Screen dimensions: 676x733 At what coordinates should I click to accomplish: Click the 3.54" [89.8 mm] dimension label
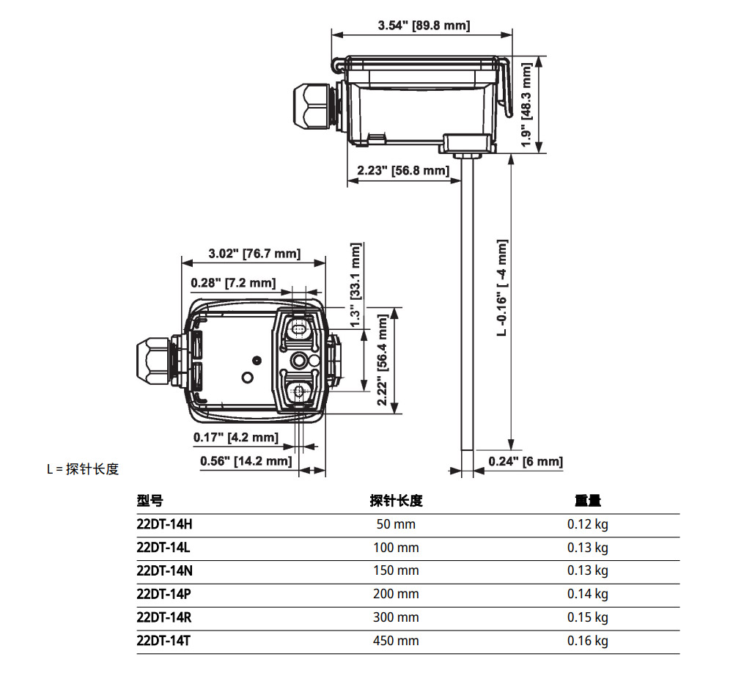424,26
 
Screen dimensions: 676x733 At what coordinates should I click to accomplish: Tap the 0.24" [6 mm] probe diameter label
526,461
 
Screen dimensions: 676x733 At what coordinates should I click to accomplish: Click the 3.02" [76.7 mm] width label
254,254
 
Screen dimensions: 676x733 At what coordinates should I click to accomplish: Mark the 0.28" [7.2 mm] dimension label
233,282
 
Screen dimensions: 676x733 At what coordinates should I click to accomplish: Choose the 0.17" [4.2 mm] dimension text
236,438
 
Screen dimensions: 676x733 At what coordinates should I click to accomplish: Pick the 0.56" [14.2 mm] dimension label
246,461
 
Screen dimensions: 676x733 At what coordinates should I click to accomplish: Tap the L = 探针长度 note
83,469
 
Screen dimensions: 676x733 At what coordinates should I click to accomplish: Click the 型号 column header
150,501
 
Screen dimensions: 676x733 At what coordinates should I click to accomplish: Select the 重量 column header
588,501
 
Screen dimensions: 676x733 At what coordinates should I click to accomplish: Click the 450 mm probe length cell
396,641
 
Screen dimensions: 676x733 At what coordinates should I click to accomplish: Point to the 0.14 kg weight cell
588,594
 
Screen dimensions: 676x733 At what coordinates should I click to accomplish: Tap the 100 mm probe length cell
396,548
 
